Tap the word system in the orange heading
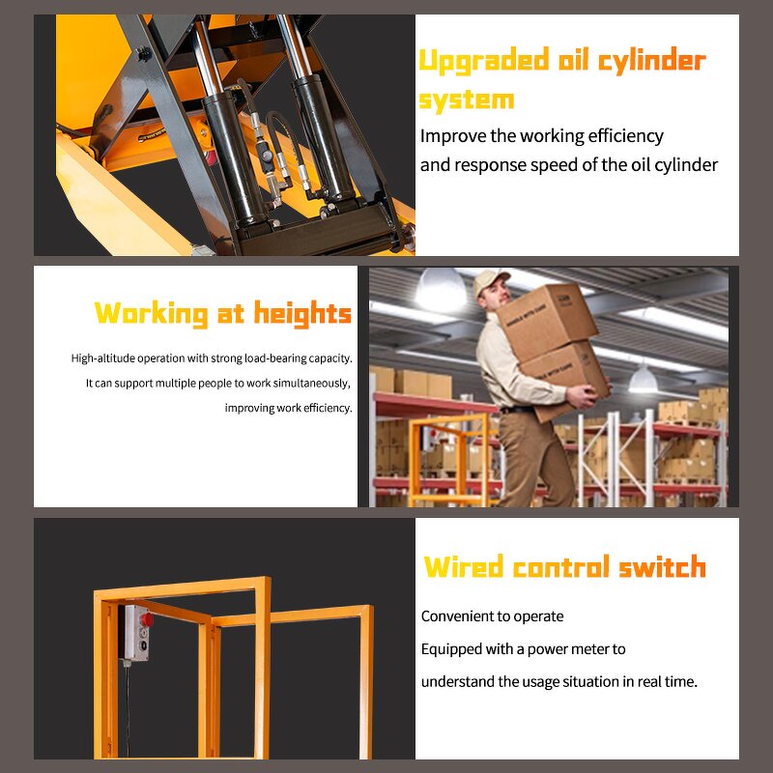pos(466,100)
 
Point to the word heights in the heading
pos(302,313)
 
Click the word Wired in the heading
pos(464,566)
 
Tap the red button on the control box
pos(147,618)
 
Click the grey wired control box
pos(138,633)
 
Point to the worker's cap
pos(490,280)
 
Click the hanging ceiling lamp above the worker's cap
pos(442,290)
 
